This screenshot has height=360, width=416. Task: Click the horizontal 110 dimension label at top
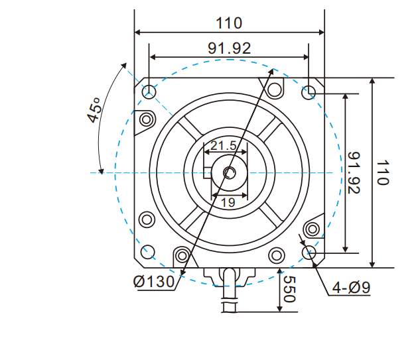click(229, 23)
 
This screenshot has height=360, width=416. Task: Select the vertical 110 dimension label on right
click(383, 172)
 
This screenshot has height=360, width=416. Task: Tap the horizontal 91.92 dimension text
click(229, 49)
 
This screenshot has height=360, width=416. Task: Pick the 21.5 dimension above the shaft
click(223, 146)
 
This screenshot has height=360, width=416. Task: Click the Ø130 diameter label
click(153, 282)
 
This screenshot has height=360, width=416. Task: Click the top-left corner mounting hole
click(149, 91)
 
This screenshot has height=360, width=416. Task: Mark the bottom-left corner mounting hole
click(149, 251)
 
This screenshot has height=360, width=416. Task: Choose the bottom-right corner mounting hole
click(309, 251)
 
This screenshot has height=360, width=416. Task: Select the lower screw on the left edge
click(146, 220)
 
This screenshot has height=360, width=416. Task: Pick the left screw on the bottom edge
click(182, 255)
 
